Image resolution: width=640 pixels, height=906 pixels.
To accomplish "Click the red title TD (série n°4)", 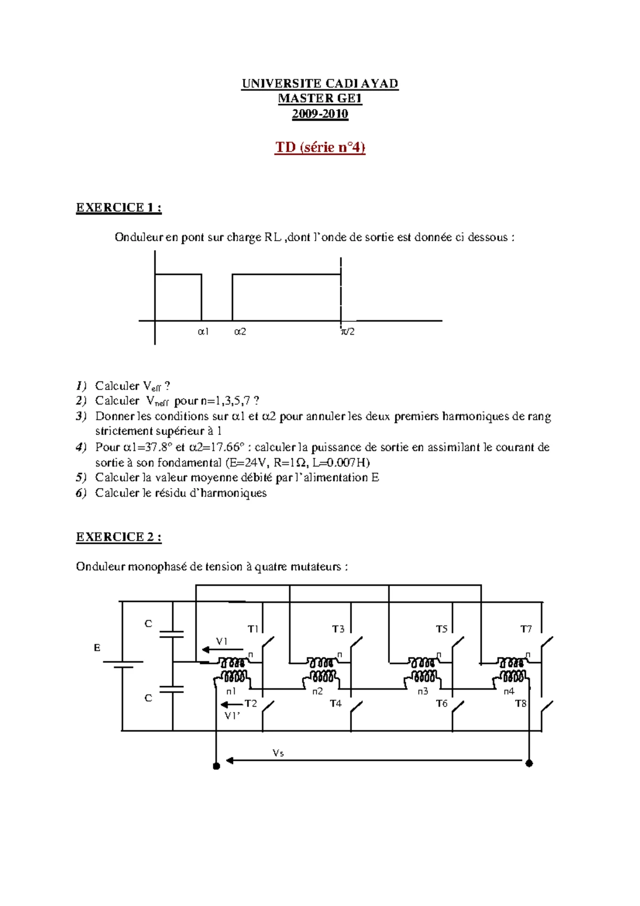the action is click(x=320, y=147).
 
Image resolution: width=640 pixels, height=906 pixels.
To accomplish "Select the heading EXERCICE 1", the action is click(x=118, y=208).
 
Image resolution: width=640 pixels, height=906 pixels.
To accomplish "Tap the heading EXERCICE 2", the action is click(x=118, y=537).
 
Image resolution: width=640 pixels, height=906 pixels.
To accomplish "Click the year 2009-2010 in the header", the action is click(x=320, y=114).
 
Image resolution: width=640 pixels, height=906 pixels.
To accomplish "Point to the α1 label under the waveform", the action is click(x=203, y=332).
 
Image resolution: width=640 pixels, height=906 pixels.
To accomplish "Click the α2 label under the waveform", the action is click(x=240, y=332).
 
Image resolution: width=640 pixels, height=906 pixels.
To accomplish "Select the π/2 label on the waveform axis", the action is click(x=348, y=332).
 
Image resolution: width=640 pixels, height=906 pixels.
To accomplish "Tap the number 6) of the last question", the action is click(x=81, y=493).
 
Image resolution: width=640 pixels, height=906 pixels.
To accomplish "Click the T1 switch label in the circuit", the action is click(x=253, y=630).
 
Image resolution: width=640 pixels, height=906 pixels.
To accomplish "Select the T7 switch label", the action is click(x=526, y=630).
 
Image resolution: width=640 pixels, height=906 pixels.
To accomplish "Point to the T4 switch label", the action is click(x=335, y=704).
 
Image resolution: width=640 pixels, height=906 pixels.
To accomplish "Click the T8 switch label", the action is click(x=521, y=704).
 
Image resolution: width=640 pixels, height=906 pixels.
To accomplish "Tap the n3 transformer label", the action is click(x=422, y=692).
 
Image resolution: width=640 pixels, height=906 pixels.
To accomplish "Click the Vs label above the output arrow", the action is click(x=278, y=753).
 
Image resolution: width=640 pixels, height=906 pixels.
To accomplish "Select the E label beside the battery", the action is click(x=97, y=648).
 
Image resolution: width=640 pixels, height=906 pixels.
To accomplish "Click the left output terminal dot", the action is click(x=217, y=766).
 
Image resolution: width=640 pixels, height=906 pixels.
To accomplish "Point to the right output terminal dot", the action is click(x=529, y=764).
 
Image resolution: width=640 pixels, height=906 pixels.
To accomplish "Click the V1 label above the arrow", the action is click(x=222, y=641).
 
